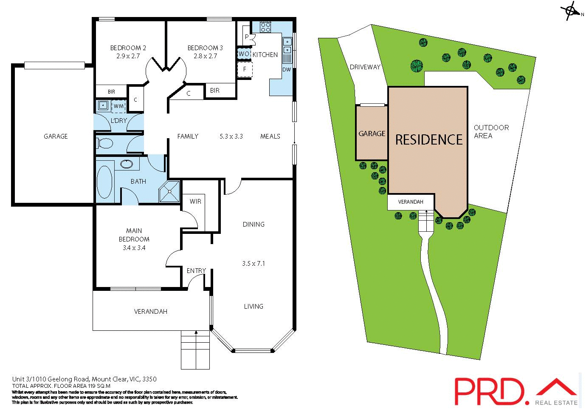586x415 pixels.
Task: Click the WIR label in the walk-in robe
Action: click(x=195, y=201)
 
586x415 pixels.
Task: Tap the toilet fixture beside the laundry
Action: click(x=104, y=144)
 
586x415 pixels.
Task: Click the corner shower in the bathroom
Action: click(x=170, y=191)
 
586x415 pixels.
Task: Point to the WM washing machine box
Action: click(x=118, y=105)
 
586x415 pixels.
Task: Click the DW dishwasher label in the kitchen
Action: click(x=287, y=69)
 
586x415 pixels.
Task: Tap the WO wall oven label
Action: click(x=244, y=54)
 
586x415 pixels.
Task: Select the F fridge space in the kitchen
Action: click(x=245, y=69)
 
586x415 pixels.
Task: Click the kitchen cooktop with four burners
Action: click(x=266, y=27)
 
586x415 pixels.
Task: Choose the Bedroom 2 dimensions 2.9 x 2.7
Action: click(x=128, y=56)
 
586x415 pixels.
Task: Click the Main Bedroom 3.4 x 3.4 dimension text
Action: click(x=134, y=247)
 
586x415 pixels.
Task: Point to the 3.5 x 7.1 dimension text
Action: click(x=254, y=263)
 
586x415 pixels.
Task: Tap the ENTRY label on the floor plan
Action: click(x=196, y=270)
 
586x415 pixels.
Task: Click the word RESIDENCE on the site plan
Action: click(x=428, y=139)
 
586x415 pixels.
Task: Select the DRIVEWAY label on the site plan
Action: click(x=365, y=67)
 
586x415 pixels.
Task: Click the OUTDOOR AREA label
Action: click(x=491, y=131)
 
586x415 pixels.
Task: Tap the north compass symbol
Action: click(x=570, y=11)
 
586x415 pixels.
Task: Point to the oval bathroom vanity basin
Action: click(x=127, y=164)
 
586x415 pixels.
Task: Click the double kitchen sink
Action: click(x=287, y=46)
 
